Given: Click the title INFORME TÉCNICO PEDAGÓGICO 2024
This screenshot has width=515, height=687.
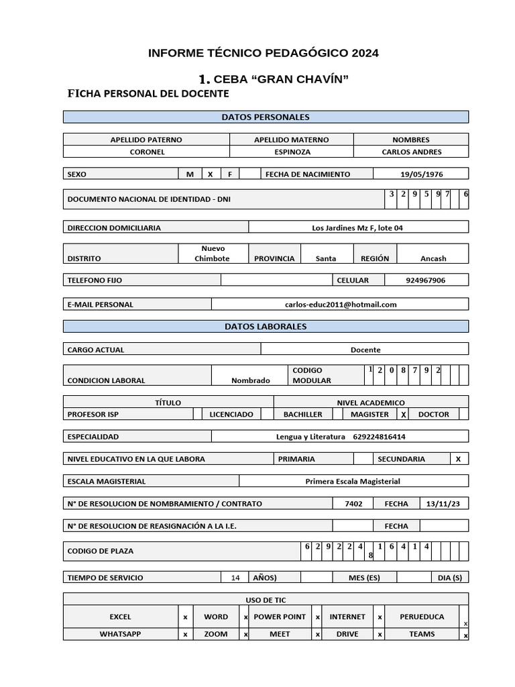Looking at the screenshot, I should (264, 53).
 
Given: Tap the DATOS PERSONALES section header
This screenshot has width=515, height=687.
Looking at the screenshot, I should (266, 117).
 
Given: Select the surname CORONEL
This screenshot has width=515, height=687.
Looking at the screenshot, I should (147, 152).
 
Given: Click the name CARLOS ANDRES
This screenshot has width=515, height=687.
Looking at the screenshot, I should (410, 152).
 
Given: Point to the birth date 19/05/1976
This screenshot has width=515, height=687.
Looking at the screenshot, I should (421, 174).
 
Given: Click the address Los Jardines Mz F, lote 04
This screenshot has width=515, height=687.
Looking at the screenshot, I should (357, 228).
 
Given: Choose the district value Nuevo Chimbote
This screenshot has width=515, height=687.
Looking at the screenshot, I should (212, 254).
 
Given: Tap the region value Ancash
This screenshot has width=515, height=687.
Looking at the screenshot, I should (433, 259).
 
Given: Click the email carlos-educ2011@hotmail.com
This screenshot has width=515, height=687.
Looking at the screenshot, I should (341, 305).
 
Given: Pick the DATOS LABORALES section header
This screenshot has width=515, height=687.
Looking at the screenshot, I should (266, 327).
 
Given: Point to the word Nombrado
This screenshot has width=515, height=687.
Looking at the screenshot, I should (250, 380).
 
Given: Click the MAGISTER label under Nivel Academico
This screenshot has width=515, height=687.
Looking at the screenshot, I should (369, 415).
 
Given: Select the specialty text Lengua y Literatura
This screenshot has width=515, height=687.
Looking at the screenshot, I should (310, 437).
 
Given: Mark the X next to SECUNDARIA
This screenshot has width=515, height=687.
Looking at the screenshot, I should (458, 460).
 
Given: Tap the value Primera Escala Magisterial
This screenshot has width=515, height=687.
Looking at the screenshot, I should (352, 482).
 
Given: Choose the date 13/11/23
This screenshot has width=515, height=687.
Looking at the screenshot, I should (443, 504).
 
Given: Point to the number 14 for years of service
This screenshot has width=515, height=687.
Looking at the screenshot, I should (235, 578).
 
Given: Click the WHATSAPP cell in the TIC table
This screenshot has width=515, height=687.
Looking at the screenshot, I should (121, 634).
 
